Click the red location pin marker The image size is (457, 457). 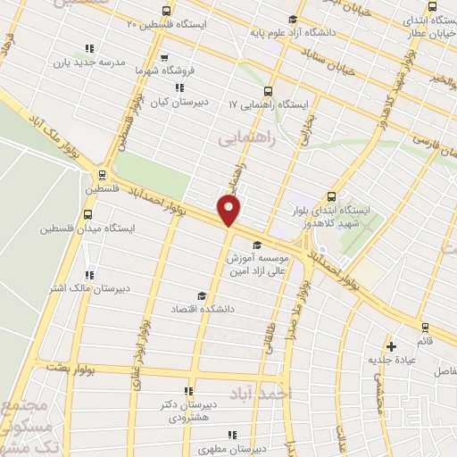229,211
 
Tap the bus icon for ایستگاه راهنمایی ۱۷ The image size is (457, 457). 269,90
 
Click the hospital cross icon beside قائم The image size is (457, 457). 390,346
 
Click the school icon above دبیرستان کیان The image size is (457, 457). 180,87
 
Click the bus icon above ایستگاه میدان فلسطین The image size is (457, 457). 87,214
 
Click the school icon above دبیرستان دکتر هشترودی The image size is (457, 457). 187,391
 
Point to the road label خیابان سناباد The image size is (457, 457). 321,60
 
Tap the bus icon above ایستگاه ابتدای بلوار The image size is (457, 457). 331,196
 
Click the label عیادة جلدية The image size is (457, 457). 391,360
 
